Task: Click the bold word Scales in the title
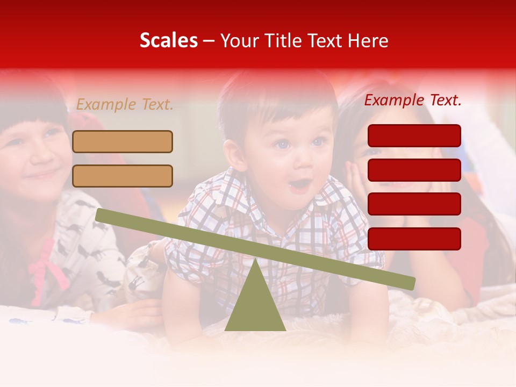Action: pyautogui.click(x=168, y=40)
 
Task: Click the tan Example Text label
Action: pyautogui.click(x=125, y=105)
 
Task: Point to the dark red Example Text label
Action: pyautogui.click(x=413, y=100)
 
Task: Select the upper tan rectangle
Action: pyautogui.click(x=123, y=141)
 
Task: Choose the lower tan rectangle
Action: pyautogui.click(x=123, y=176)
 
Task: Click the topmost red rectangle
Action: pyautogui.click(x=414, y=135)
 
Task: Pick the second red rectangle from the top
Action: pyautogui.click(x=414, y=170)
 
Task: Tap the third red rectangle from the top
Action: pyautogui.click(x=414, y=204)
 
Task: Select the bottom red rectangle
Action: pyautogui.click(x=414, y=239)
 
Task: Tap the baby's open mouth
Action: pyautogui.click(x=299, y=186)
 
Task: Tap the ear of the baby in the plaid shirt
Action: pyautogui.click(x=233, y=155)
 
